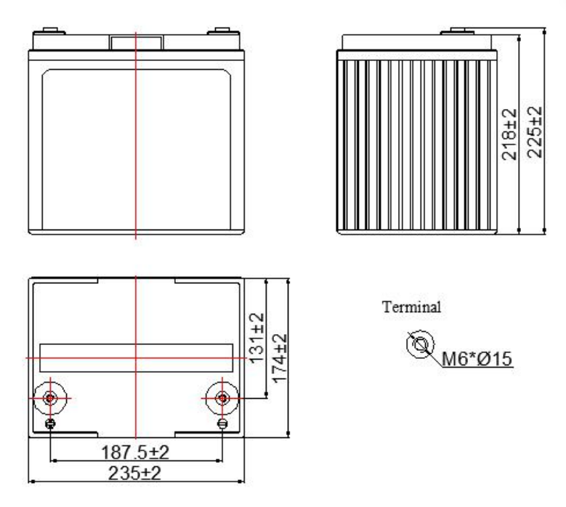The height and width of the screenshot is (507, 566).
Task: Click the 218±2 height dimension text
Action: [509, 134]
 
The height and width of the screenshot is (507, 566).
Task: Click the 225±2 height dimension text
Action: [535, 132]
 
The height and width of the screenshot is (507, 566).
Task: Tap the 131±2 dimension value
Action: [257, 338]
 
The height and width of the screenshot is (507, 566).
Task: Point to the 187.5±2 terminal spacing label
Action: [135, 452]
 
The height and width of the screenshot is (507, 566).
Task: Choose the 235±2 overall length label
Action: [134, 473]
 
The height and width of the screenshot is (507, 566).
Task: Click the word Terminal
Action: [411, 307]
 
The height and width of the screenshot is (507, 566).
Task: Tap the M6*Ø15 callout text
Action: [477, 359]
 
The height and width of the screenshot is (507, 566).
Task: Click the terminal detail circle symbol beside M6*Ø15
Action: [420, 344]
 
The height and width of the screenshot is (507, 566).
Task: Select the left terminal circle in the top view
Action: [50, 398]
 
